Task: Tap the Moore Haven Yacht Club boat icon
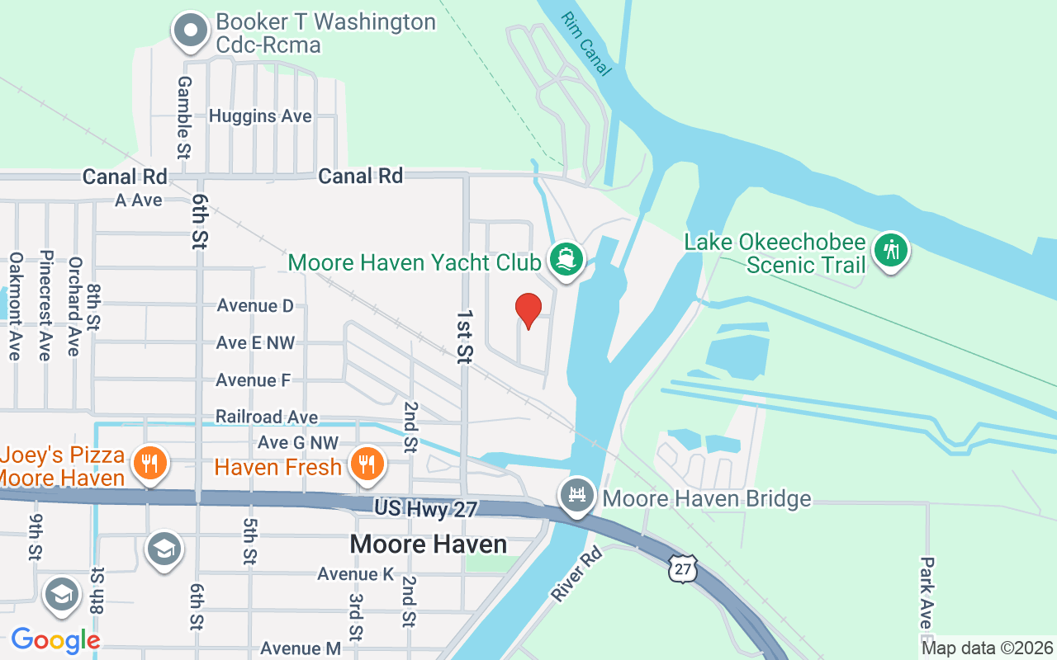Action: [x=566, y=260]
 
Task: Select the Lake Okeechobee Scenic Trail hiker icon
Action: [x=890, y=249]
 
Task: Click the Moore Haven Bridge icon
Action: [x=577, y=496]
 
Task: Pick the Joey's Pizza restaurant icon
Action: [x=149, y=464]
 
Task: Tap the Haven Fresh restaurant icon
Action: [x=365, y=464]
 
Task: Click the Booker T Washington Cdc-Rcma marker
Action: [x=192, y=31]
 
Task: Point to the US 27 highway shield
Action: [x=681, y=569]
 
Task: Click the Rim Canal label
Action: [x=586, y=44]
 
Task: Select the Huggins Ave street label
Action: [x=260, y=116]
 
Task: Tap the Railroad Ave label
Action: [x=266, y=417]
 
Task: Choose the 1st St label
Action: [x=465, y=337]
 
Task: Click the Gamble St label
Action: [x=184, y=117]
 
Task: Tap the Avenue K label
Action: [x=356, y=574]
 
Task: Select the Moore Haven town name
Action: [x=428, y=544]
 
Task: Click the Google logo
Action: [x=55, y=639]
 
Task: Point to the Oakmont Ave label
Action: [x=15, y=306]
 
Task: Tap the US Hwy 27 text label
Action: [x=425, y=509]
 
